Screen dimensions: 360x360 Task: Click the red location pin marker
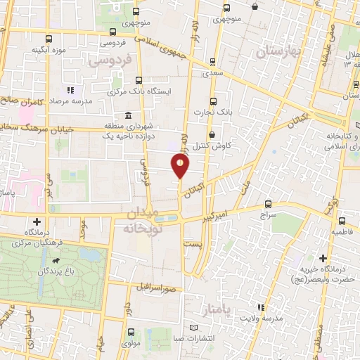tap(180, 165)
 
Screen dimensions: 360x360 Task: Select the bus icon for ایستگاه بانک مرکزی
tap(138, 80)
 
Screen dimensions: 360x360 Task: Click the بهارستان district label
tap(279, 52)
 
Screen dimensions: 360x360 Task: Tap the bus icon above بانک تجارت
tap(214, 101)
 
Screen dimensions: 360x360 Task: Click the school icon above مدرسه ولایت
tap(261, 307)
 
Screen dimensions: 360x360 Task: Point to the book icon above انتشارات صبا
tap(195, 328)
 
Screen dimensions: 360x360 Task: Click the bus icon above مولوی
tap(131, 331)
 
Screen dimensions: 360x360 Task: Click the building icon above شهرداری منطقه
tap(127, 116)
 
